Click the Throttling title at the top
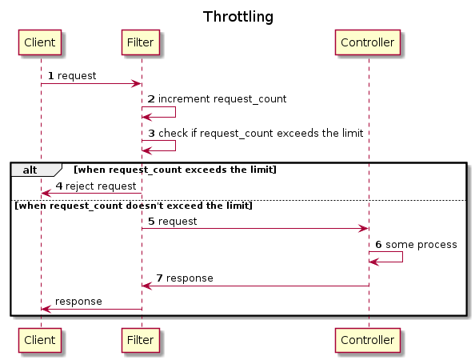(x=238, y=17)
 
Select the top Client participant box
(x=40, y=42)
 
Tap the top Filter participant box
(x=141, y=42)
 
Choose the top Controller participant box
(x=368, y=42)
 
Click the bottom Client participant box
(x=40, y=340)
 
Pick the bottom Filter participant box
(x=141, y=340)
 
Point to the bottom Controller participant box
(x=368, y=340)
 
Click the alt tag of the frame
(x=30, y=170)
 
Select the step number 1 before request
(x=51, y=76)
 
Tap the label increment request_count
(x=222, y=99)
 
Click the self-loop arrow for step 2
(x=175, y=112)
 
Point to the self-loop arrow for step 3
(x=175, y=146)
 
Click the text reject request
(x=101, y=186)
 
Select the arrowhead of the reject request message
(x=46, y=193)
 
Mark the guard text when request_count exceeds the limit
(x=175, y=170)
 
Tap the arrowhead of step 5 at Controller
(x=364, y=229)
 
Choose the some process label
(x=421, y=245)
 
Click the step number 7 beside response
(x=159, y=278)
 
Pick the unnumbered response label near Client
(x=78, y=302)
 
